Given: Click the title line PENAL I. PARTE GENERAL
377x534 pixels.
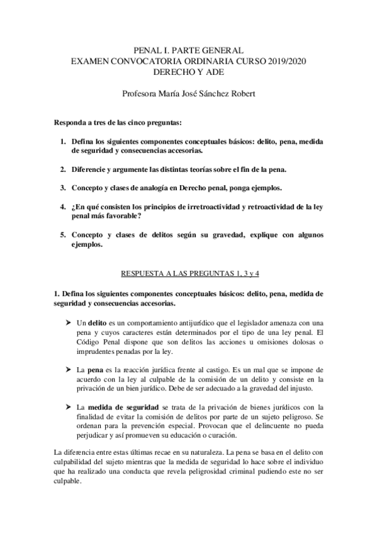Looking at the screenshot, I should tap(189, 49).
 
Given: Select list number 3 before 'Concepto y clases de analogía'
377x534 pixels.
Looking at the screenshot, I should tap(64, 188).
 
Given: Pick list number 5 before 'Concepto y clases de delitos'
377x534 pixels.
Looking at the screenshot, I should tap(64, 235).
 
